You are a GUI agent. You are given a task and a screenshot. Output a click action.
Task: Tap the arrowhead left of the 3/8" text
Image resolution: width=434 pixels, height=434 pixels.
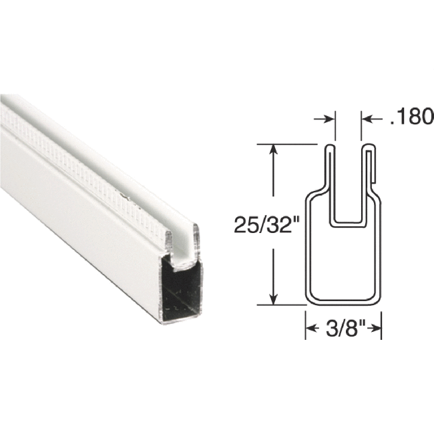point(310,329)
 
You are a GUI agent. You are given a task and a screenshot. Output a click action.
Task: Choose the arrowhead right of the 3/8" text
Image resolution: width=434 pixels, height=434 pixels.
point(377,329)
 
